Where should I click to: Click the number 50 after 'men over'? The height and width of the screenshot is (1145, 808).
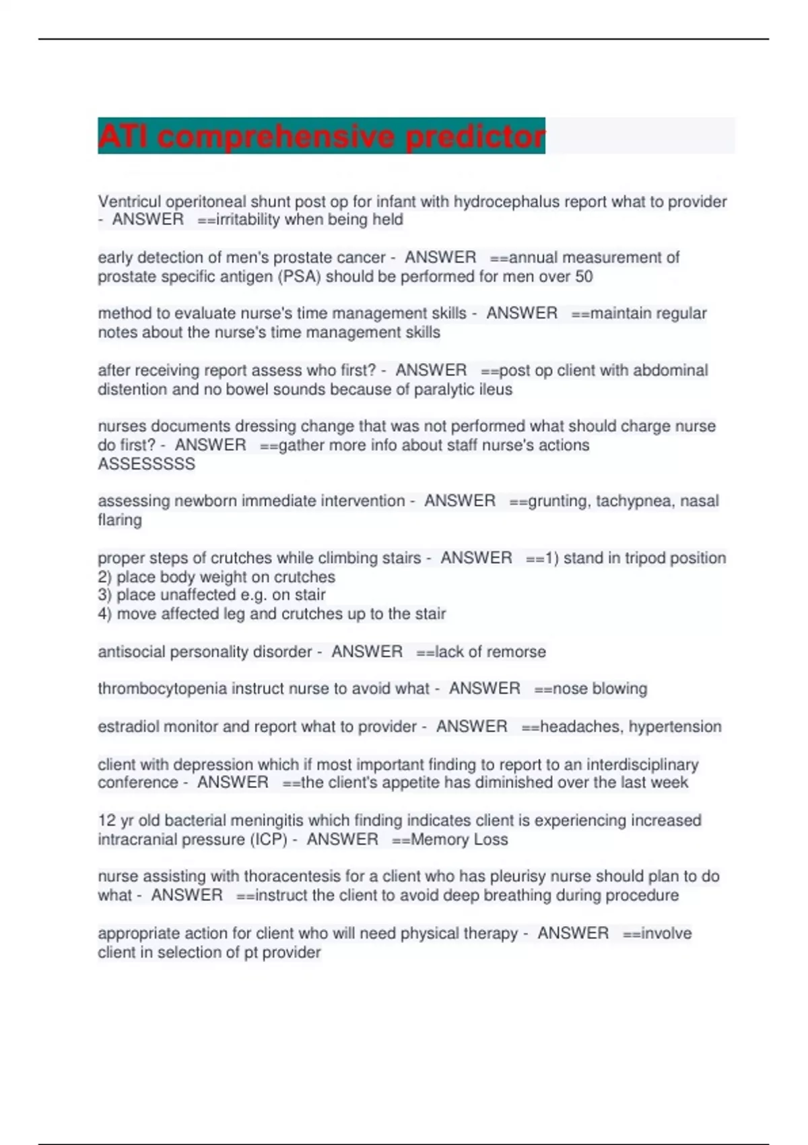coord(584,276)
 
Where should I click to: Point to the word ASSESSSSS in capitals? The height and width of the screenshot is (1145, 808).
coord(146,463)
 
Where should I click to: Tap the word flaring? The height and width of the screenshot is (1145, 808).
coord(120,520)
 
